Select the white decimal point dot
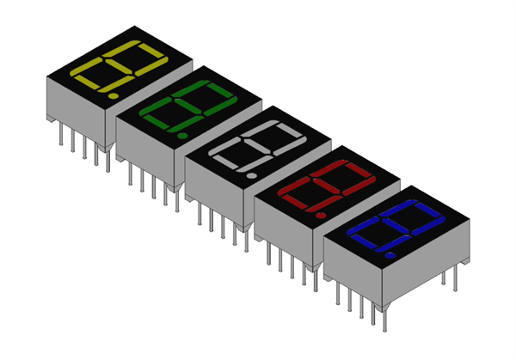[251, 175]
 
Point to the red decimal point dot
[320, 215]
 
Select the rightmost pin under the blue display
[444, 277]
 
